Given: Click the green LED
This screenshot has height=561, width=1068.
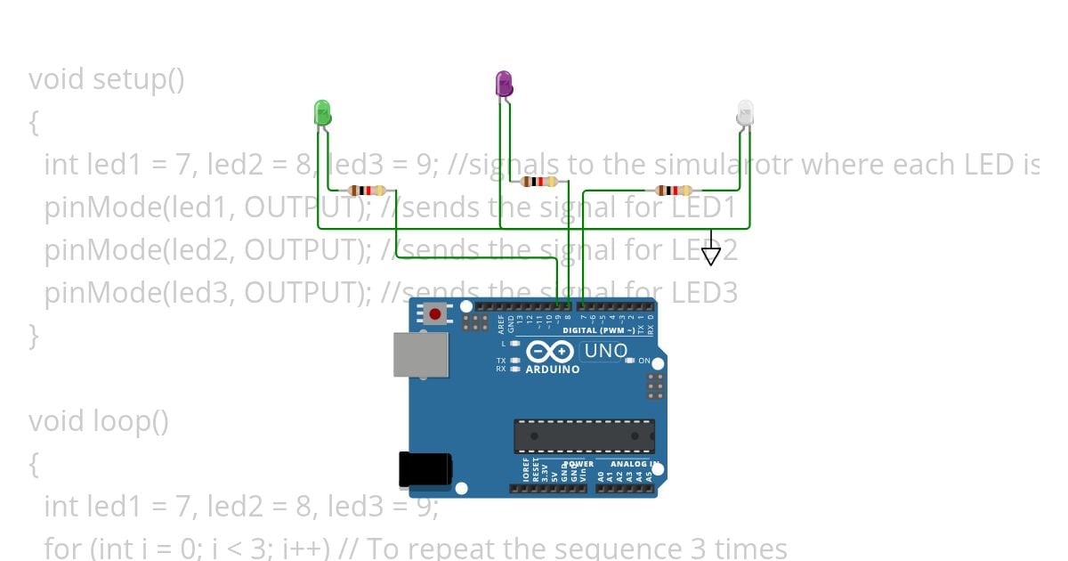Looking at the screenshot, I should (x=322, y=113).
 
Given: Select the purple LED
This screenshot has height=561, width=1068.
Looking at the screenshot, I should (x=504, y=85).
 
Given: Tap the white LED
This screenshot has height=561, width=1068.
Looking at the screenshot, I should (x=745, y=113).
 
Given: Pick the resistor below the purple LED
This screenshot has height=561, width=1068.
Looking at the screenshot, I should (x=539, y=182).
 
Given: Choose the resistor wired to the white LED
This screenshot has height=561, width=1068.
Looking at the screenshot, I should (x=674, y=190).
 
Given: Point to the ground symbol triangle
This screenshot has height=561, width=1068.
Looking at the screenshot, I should (x=710, y=256).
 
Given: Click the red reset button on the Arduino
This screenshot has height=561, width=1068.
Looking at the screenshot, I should (x=435, y=313).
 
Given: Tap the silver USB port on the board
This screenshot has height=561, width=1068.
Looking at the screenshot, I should (x=422, y=354).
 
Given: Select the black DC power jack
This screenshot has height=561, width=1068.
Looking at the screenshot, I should (x=425, y=469).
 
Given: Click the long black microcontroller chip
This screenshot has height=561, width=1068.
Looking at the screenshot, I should (x=583, y=435).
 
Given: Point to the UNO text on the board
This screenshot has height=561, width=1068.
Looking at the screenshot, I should (x=606, y=352).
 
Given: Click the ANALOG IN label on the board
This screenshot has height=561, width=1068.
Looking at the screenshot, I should (x=634, y=464).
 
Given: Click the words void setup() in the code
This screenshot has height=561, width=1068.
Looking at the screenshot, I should (x=107, y=79).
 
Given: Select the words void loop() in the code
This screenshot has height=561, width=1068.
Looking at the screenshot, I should (x=99, y=420).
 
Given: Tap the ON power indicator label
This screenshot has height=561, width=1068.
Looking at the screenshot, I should (x=644, y=361).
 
